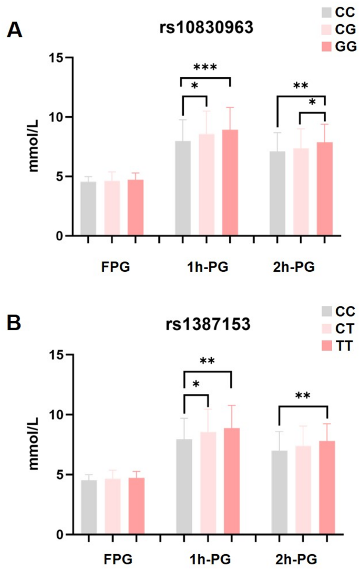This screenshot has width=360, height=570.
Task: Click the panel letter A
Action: click(14, 30)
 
